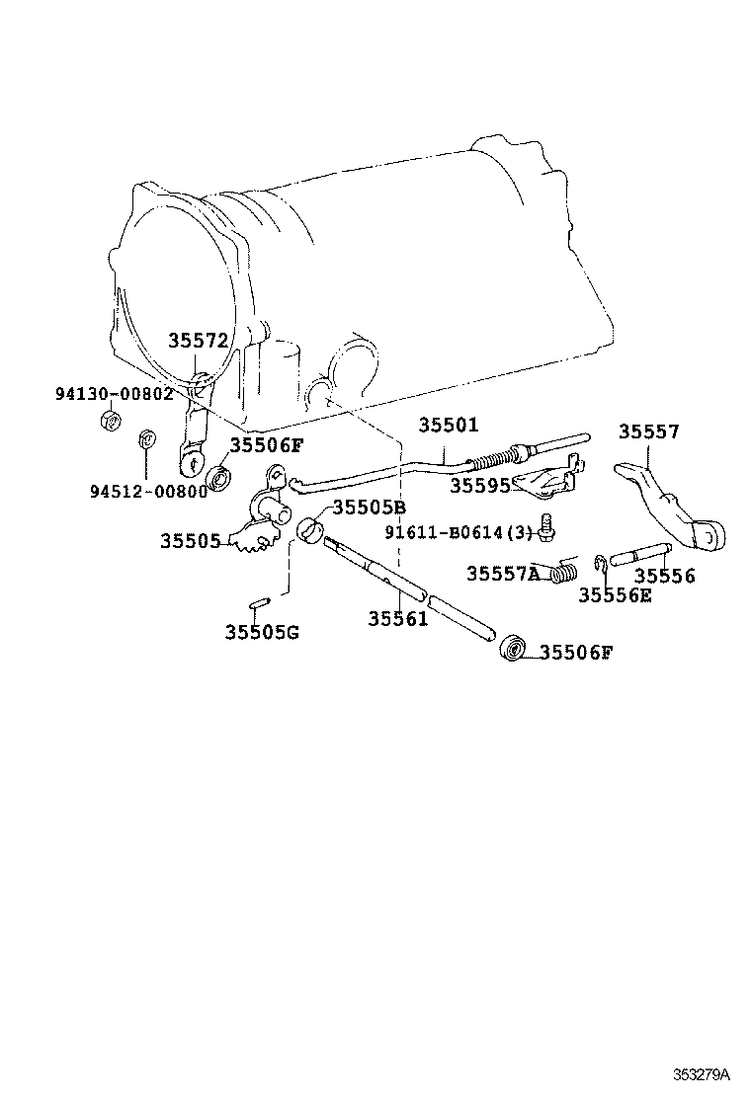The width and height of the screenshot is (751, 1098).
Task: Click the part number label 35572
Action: point(198,341)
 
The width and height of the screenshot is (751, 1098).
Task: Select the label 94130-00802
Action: point(114,393)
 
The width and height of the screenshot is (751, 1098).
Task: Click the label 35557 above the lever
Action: point(649,431)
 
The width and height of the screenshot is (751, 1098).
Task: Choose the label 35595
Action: point(480,486)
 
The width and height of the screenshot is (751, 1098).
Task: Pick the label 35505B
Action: point(369,508)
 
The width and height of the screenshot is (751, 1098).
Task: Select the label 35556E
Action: point(615,594)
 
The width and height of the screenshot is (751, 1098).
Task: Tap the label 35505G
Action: point(261,632)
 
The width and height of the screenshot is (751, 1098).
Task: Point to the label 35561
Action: point(398,619)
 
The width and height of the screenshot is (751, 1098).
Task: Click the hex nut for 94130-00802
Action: point(112,422)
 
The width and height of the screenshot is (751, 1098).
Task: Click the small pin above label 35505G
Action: point(257,601)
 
